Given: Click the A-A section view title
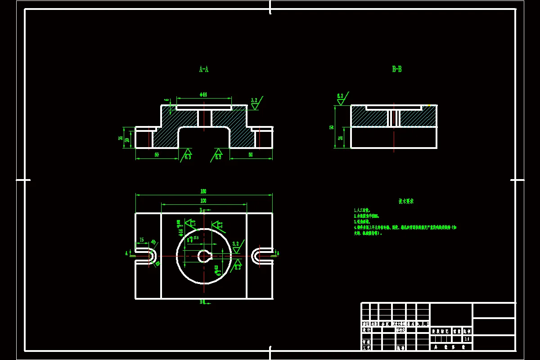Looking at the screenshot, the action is coord(203,69).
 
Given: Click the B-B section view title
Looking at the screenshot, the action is coord(396,69).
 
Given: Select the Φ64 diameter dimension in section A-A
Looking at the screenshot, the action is coord(203,95).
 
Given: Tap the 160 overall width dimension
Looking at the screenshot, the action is coord(203,192).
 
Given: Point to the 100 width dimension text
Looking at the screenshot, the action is coord(203,201).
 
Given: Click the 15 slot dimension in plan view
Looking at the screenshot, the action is coord(142,240).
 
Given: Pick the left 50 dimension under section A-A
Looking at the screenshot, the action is coord(157,155).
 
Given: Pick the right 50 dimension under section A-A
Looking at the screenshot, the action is coord(251,155).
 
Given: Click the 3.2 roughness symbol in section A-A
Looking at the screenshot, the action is coord(255,103).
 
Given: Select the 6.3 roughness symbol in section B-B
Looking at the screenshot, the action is coord(341,99).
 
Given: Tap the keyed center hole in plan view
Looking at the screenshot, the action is coord(204,256).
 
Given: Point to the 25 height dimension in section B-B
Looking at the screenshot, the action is coord(340,138).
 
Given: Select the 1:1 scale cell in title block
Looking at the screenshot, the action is coord(467,339).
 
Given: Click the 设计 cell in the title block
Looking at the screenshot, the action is coord(366,330).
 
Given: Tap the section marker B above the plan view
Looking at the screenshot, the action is coord(202,210).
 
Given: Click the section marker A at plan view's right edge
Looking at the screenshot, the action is coord(278,253).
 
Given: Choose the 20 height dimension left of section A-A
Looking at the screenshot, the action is coord(127,139).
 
